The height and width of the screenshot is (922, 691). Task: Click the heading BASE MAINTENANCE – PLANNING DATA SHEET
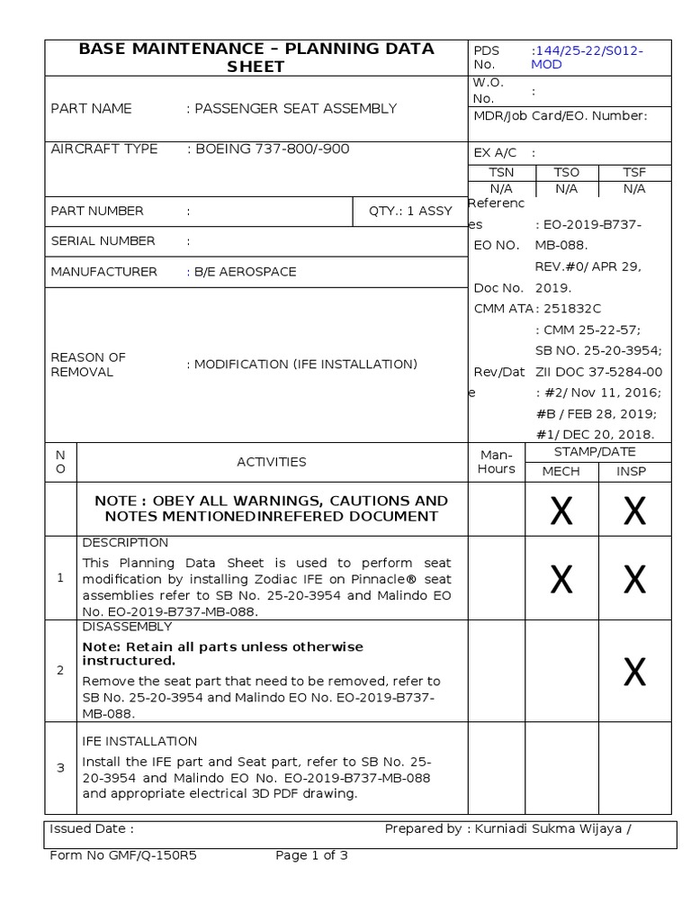(x=256, y=58)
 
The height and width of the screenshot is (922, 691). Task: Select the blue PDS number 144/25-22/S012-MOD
(x=587, y=58)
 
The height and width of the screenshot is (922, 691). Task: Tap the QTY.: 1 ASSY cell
(x=410, y=211)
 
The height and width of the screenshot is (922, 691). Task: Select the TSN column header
(x=501, y=172)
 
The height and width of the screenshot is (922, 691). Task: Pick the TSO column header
(x=567, y=172)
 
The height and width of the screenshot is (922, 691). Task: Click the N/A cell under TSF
(x=634, y=189)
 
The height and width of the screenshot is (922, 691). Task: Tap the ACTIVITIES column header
(x=272, y=462)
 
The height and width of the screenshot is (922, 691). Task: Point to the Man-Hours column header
(x=497, y=462)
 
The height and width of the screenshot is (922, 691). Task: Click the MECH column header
(x=561, y=472)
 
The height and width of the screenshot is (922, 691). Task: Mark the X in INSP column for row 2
(x=634, y=672)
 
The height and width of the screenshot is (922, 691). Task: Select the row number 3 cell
(x=61, y=768)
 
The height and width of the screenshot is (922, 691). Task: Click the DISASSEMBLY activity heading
(x=127, y=627)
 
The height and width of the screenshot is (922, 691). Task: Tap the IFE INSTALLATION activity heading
(x=139, y=742)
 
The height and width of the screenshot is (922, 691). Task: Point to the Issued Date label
(x=92, y=829)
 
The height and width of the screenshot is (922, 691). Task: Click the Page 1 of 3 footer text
(x=311, y=856)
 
